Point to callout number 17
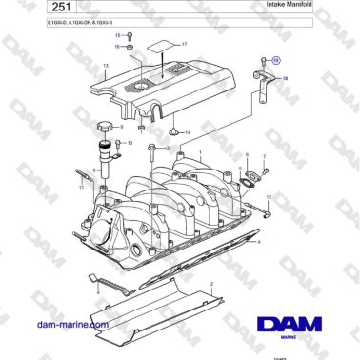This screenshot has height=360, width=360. [184, 45]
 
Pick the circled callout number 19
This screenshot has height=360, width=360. [276, 59]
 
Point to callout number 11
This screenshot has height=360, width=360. [81, 188]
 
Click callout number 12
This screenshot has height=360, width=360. [269, 196]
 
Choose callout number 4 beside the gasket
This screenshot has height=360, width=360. [257, 243]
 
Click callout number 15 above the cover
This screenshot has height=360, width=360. [118, 35]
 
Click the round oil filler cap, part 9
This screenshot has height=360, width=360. [102, 126]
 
